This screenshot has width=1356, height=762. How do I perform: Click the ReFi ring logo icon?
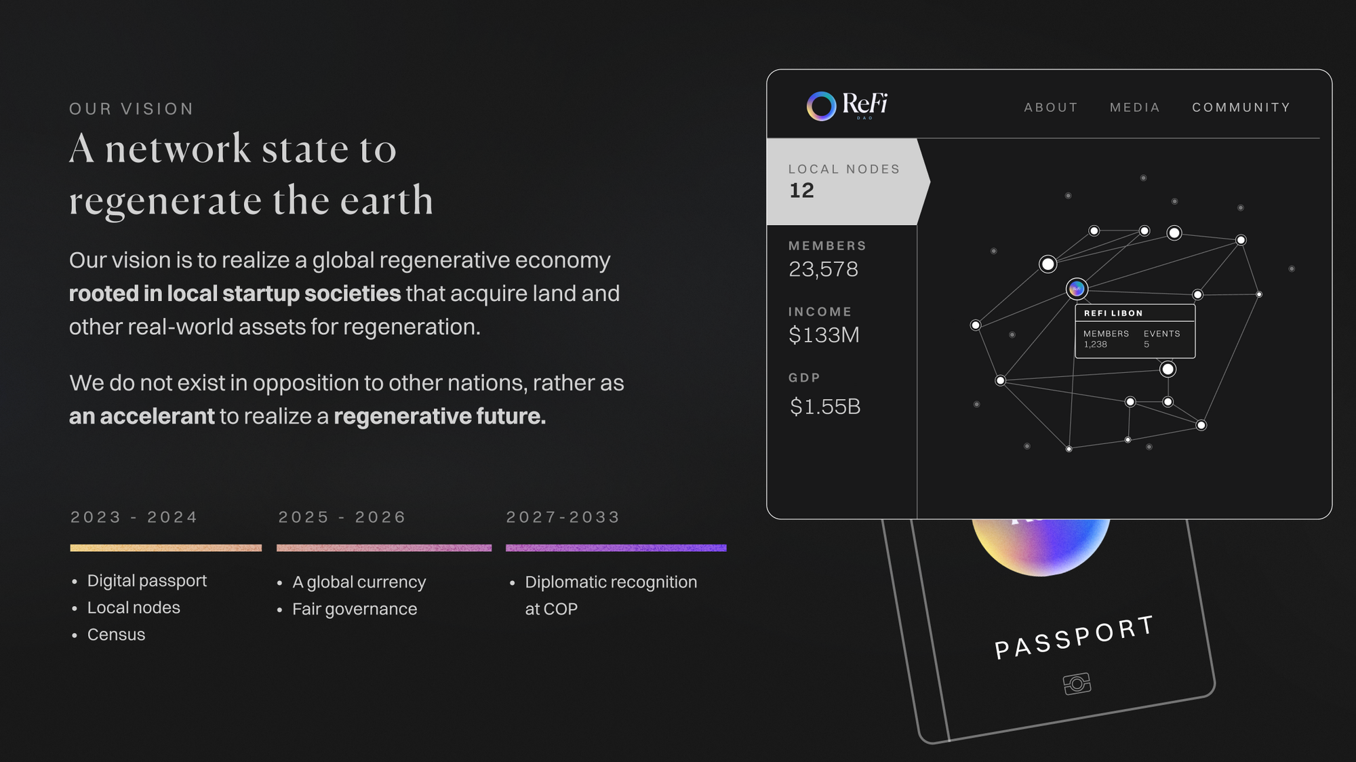(x=821, y=106)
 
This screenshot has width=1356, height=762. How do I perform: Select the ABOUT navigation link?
(x=1051, y=107)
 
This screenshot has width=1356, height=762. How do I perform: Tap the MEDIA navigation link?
(x=1135, y=107)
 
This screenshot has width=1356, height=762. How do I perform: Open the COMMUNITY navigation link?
(x=1241, y=107)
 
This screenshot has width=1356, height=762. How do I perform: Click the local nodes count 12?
(x=801, y=190)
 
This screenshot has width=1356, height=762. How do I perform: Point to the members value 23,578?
(x=823, y=269)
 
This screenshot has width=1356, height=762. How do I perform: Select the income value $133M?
(x=824, y=335)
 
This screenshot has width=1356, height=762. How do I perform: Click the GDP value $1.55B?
(x=825, y=407)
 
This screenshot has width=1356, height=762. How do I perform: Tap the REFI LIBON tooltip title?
(x=1113, y=313)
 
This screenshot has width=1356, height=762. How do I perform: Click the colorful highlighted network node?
(x=1077, y=289)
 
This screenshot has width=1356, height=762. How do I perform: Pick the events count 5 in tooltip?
(x=1146, y=344)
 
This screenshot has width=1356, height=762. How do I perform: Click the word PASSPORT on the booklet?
(x=1074, y=637)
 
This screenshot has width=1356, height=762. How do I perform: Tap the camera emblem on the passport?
(x=1077, y=683)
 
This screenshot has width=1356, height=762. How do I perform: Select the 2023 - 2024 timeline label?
(x=134, y=517)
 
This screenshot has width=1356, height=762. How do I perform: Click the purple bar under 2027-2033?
(x=616, y=548)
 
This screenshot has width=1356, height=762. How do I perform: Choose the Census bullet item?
(x=116, y=635)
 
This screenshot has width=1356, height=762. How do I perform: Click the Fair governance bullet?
(x=355, y=609)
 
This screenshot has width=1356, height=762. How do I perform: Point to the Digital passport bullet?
(x=147, y=581)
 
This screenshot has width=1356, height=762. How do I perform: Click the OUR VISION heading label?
(x=132, y=109)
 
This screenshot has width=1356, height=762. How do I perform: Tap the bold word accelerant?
(x=157, y=416)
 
